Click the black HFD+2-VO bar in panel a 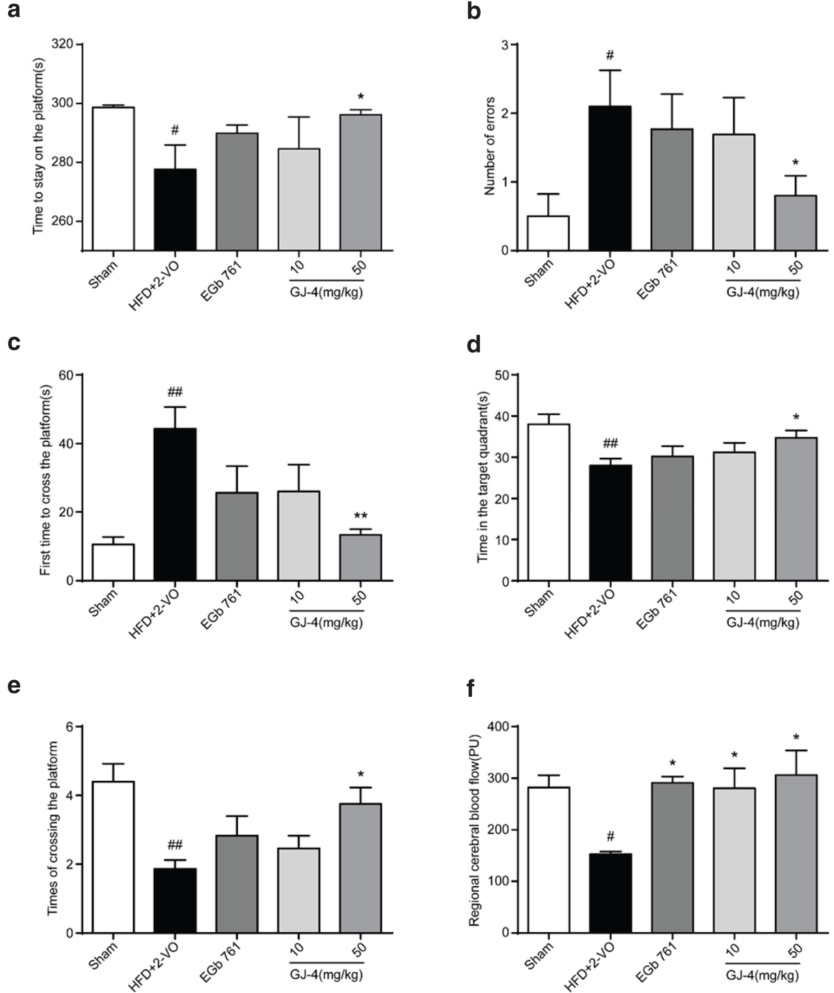[x=175, y=209]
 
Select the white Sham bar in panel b [x=548, y=233]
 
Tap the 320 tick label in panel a [x=62, y=45]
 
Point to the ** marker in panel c [x=361, y=516]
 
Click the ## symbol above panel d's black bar [x=610, y=443]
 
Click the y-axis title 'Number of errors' [x=490, y=146]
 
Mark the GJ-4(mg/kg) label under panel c [x=326, y=622]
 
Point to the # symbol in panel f [x=610, y=837]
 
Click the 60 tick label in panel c [x=66, y=375]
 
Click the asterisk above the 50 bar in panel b [x=796, y=163]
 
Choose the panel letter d [x=474, y=345]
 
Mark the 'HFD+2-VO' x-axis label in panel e [x=154, y=966]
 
